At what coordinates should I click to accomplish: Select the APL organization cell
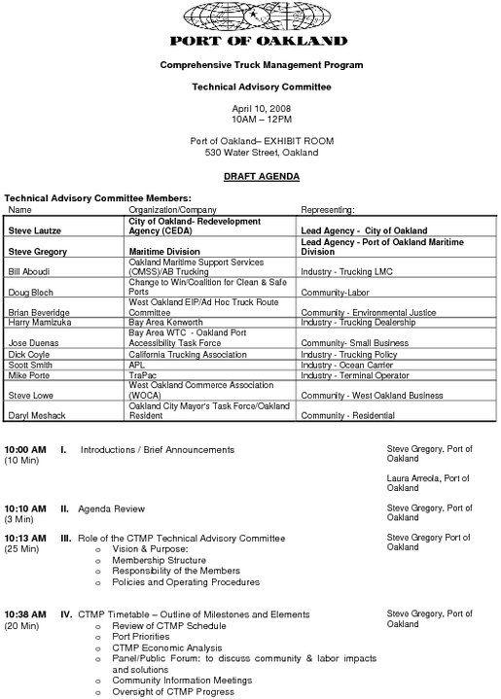(x=137, y=365)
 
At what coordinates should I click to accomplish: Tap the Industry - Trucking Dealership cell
(x=357, y=322)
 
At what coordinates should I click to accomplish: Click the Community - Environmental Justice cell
(x=368, y=312)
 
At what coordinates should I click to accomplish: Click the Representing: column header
(x=328, y=209)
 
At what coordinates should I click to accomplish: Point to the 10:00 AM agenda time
(x=25, y=450)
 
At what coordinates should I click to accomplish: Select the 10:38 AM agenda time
(x=25, y=614)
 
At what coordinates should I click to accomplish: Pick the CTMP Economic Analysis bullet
(x=166, y=647)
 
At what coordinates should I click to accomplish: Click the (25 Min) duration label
(x=22, y=549)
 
